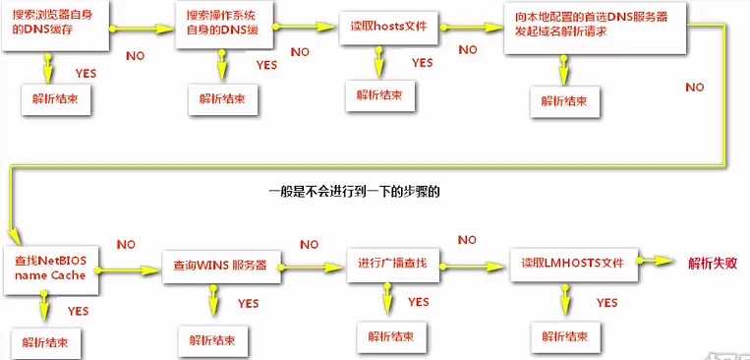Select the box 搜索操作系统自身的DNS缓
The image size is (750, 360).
[227, 25]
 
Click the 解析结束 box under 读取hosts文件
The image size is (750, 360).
[379, 95]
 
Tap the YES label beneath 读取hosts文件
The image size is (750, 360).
[423, 63]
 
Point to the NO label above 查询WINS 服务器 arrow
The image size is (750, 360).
[309, 244]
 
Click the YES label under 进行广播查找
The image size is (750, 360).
[418, 301]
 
